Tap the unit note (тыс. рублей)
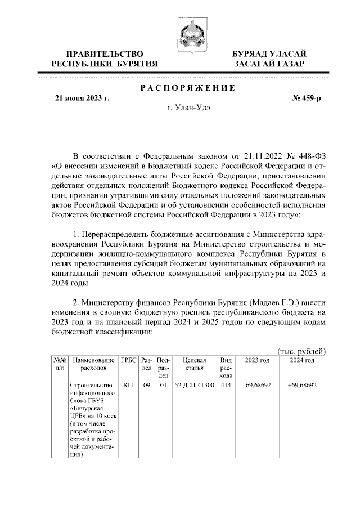[x=302, y=351]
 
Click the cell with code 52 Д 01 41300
[x=195, y=386]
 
